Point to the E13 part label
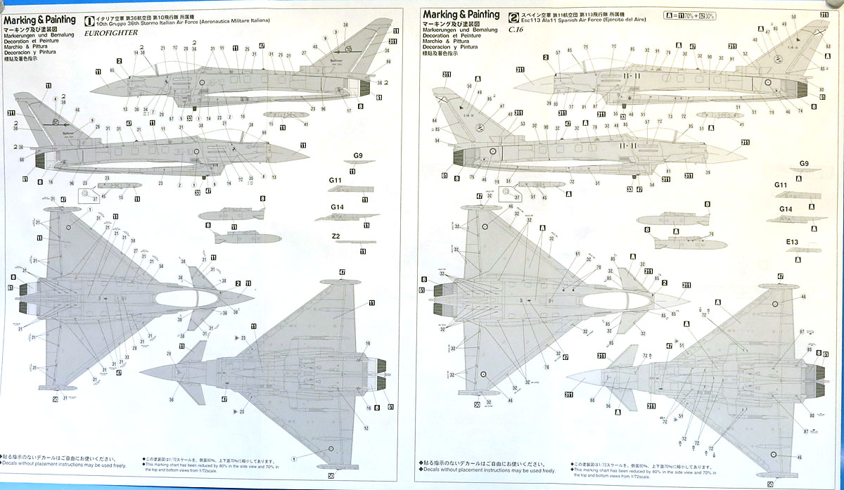793,242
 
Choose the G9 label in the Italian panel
357,155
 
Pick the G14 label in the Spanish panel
786,209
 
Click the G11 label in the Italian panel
335,181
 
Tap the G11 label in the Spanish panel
781,185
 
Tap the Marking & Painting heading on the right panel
461,14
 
